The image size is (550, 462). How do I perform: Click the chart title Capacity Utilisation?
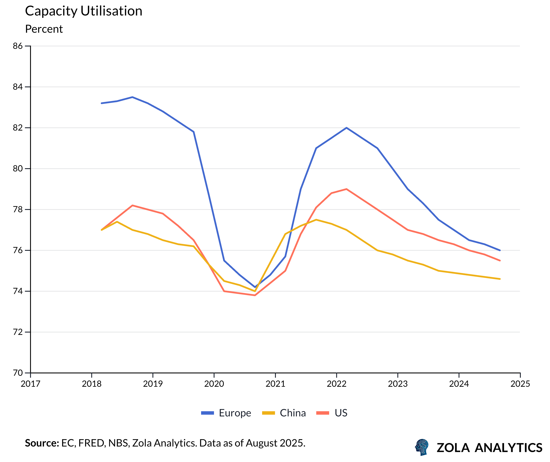pos(84,11)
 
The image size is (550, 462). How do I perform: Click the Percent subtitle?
pos(44,29)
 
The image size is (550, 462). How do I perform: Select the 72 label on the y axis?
pos(18,332)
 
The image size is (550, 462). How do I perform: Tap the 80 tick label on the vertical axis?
pos(18,169)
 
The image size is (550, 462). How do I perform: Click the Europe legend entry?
pos(226,413)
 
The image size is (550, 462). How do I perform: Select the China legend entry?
pos(284,413)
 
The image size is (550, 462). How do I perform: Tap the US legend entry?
pos(332,413)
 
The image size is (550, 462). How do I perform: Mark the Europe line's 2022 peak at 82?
pos(347,128)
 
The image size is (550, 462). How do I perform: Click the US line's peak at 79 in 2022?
pos(347,189)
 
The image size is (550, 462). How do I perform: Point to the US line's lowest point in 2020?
pos(255,295)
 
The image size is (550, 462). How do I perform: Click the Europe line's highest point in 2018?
pos(132,97)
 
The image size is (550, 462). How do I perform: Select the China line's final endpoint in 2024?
pos(500,279)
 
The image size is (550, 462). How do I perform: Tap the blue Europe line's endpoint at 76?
pos(500,250)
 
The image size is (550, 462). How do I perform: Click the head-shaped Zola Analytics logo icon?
pos(422,447)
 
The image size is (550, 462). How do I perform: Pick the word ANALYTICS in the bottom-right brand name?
pos(508,448)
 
